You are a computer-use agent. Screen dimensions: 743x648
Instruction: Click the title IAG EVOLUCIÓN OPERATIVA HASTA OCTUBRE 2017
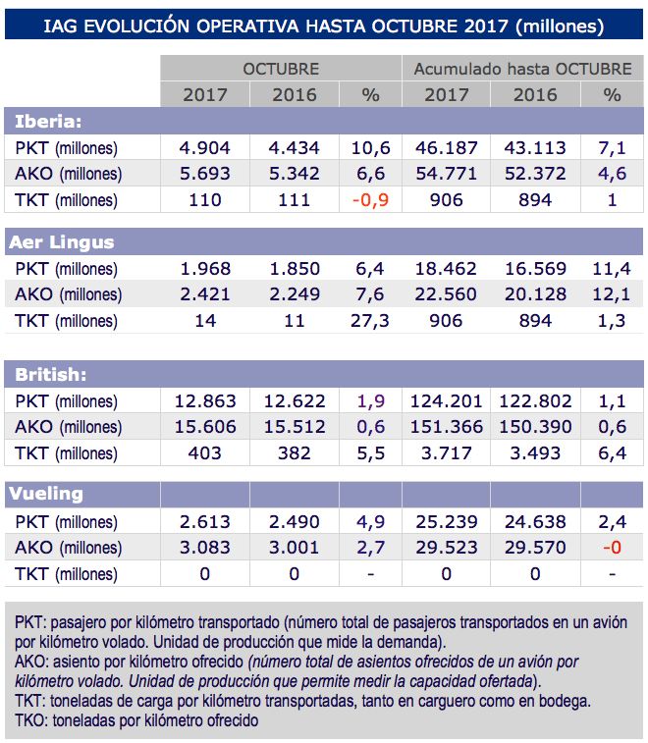[323, 26]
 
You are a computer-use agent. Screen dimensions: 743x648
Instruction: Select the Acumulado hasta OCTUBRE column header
[522, 69]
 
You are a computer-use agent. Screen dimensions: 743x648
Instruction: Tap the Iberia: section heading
[48, 122]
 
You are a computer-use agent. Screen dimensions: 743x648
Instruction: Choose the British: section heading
[52, 375]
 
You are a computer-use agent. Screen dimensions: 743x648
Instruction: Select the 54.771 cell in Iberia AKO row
[446, 174]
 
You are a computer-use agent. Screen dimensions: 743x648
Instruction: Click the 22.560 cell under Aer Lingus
[446, 294]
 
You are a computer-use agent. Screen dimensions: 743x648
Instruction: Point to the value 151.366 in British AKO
[446, 427]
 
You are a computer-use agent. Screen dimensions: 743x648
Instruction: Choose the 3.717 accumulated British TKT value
[446, 453]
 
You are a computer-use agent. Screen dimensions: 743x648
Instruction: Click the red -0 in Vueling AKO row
[613, 548]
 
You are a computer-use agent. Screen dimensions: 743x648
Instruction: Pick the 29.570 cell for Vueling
[535, 548]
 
